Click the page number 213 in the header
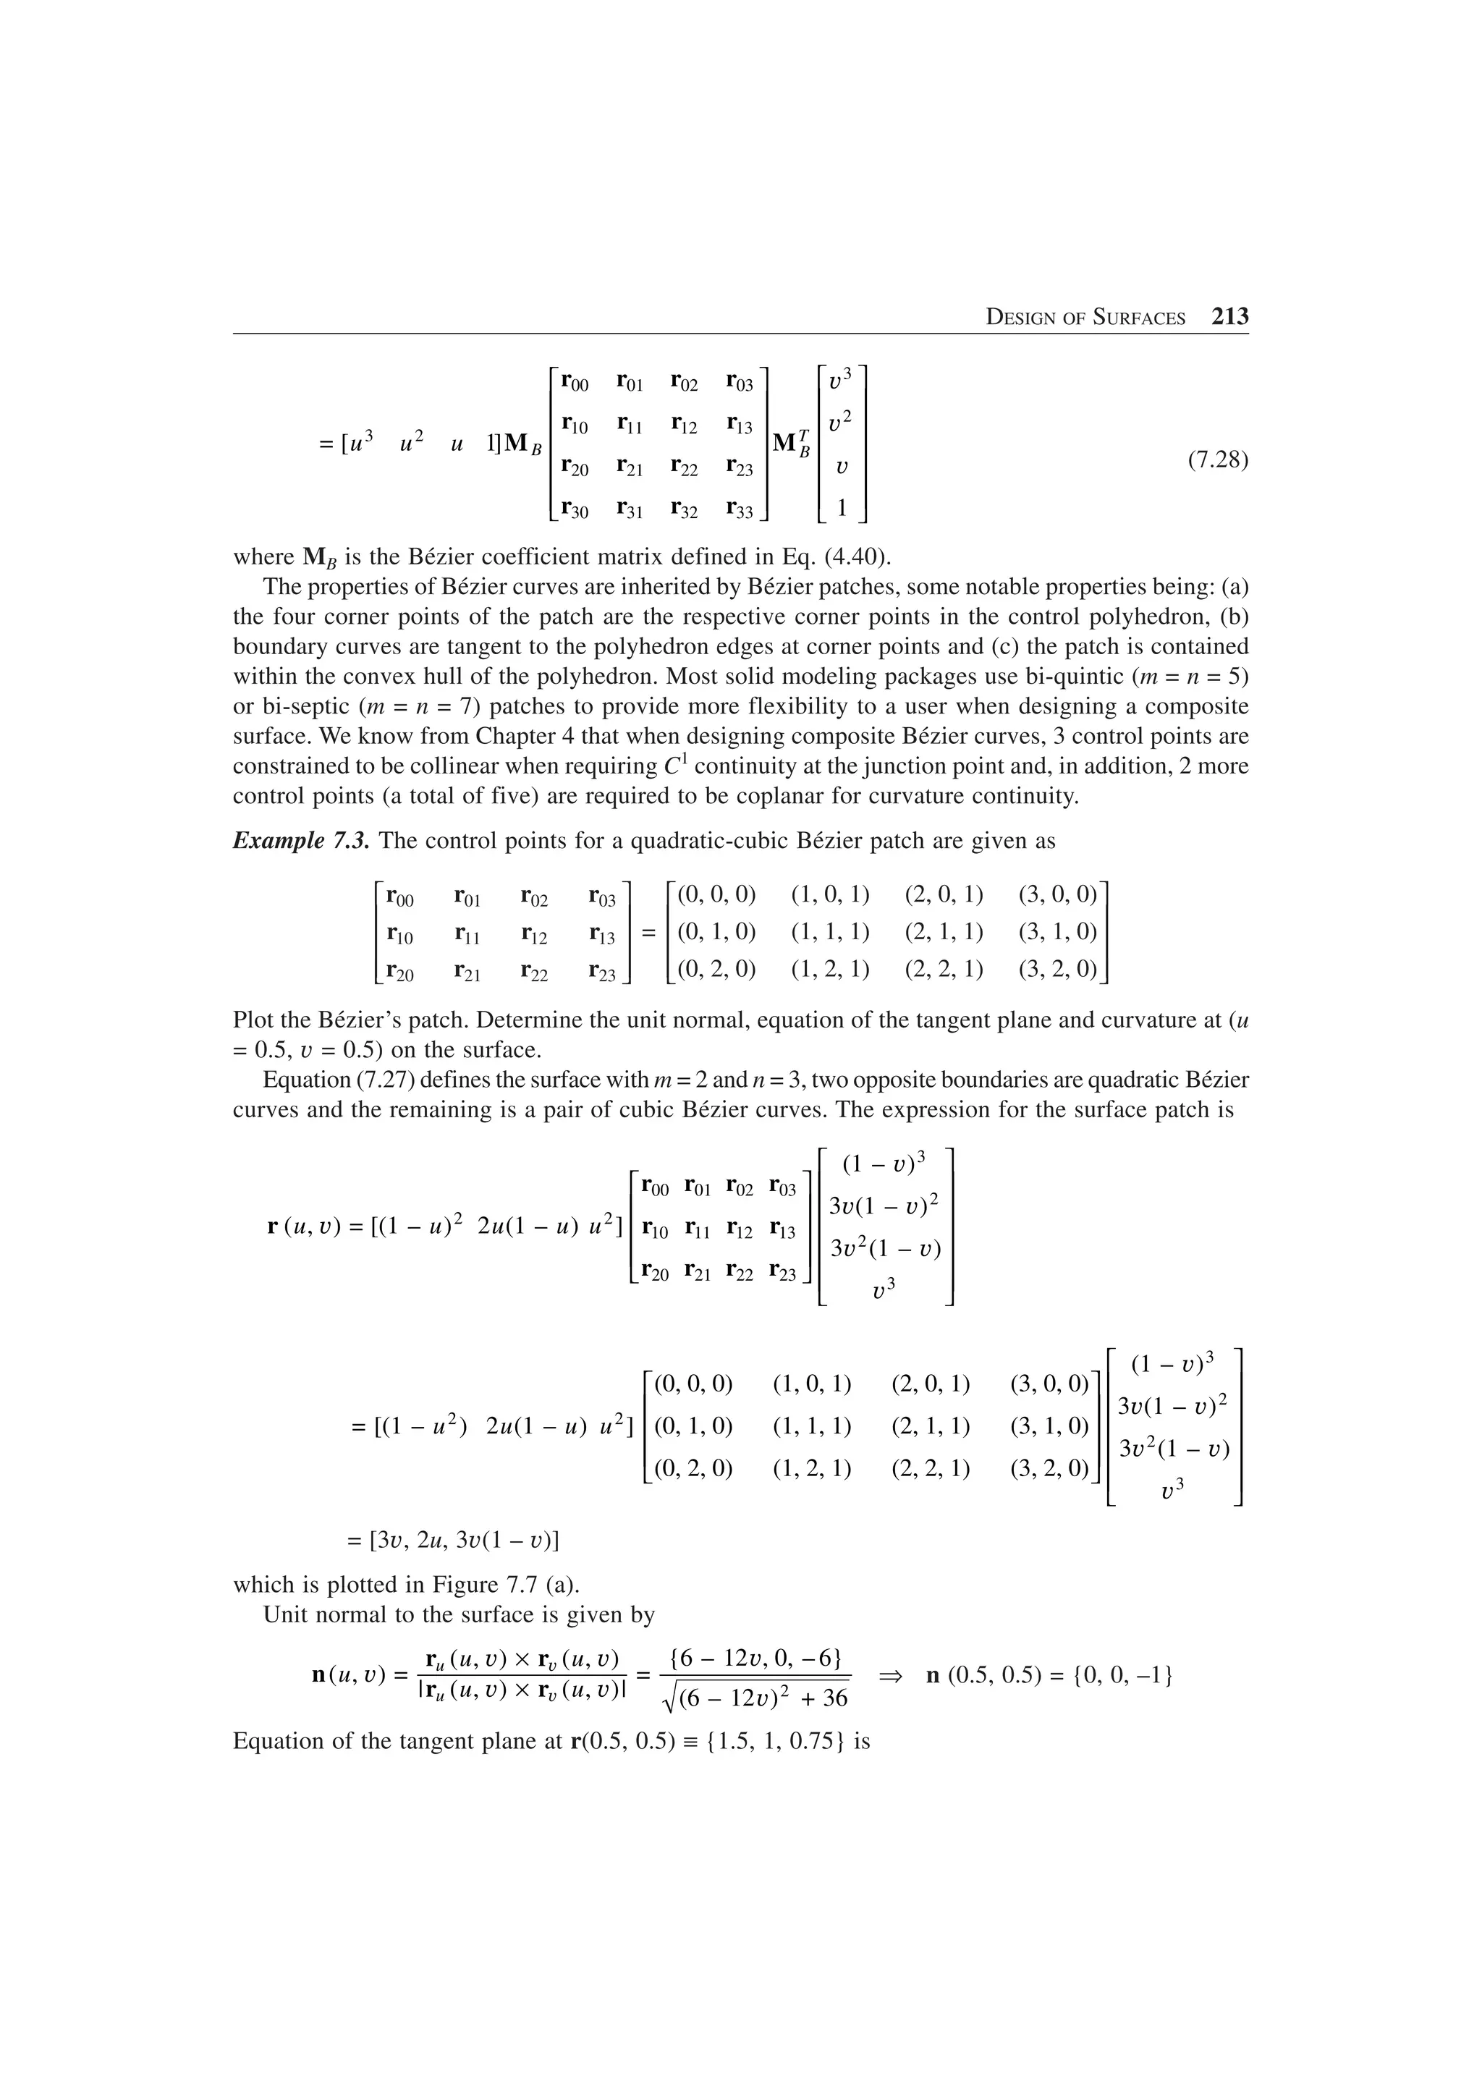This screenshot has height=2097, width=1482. pyautogui.click(x=1229, y=317)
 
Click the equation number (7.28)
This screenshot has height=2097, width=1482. pyautogui.click(x=1217, y=459)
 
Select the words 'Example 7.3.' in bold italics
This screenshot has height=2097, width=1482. pyautogui.click(x=301, y=840)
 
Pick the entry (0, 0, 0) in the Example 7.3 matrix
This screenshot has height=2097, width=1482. pyautogui.click(x=717, y=894)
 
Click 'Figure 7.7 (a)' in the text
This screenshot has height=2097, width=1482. pyautogui.click(x=494, y=1585)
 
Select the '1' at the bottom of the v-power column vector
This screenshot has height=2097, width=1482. pyautogui.click(x=842, y=508)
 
